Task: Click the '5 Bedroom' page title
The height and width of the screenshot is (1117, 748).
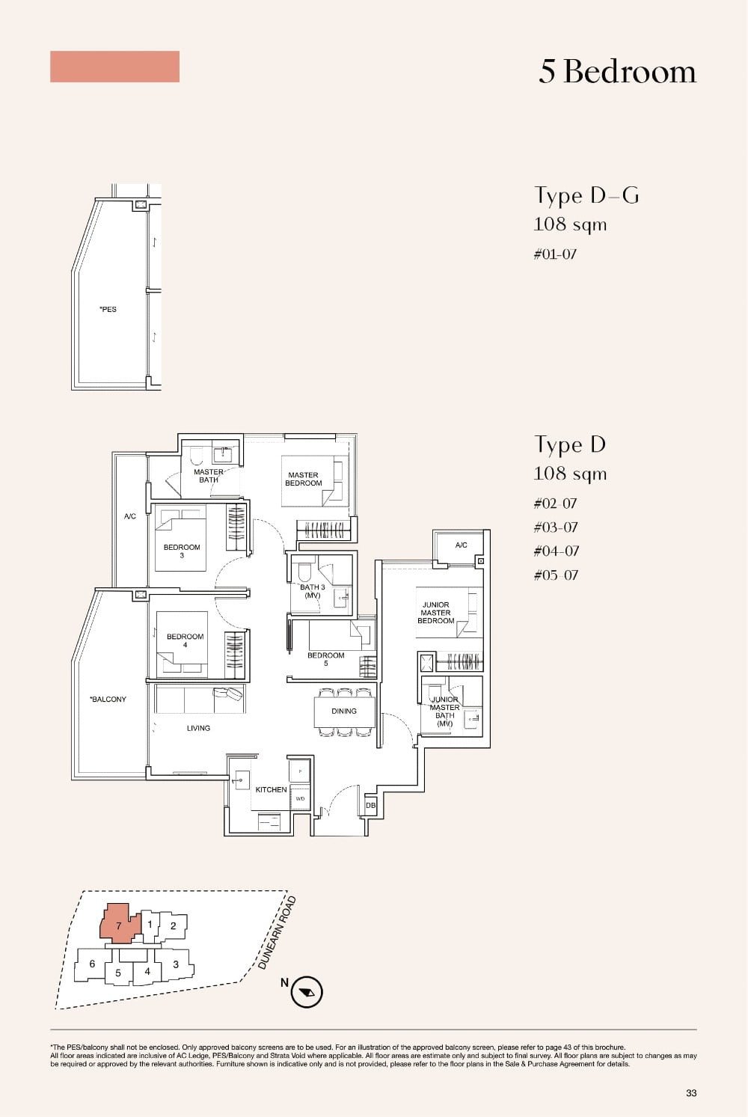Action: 617,72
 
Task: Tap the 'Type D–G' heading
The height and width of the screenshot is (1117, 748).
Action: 586,195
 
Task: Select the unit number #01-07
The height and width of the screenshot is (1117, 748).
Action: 555,254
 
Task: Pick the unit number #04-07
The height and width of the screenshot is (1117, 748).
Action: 556,551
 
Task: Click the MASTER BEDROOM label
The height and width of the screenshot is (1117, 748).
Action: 303,479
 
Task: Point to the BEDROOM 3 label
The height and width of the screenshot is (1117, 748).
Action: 182,551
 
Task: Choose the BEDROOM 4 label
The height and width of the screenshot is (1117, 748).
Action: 185,640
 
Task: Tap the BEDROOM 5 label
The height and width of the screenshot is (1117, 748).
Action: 326,659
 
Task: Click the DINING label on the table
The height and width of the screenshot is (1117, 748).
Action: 344,711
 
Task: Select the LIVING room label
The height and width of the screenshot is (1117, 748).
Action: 198,728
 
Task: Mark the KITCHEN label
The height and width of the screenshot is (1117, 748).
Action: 271,789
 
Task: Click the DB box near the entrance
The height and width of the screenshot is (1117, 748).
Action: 370,806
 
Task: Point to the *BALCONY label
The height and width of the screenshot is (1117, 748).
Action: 108,700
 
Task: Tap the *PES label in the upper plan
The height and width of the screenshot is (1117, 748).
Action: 108,309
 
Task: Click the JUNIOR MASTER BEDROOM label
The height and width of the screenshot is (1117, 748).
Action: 435,613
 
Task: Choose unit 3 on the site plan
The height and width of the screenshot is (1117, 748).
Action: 176,964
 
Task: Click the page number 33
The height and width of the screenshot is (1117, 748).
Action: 690,1093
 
